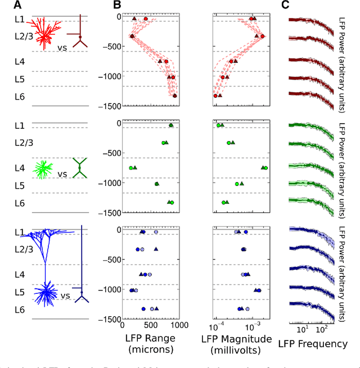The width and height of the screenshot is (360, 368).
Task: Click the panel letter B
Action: [117, 6]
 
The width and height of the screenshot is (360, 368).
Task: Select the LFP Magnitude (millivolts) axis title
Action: [238, 343]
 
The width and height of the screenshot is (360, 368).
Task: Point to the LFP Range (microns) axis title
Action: [148, 343]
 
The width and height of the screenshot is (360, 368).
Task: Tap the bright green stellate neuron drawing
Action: [43, 168]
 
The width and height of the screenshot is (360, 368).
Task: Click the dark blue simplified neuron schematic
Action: [82, 264]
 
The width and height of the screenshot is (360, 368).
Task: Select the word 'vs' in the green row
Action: [62, 174]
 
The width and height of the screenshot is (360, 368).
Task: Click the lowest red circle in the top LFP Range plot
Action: [175, 96]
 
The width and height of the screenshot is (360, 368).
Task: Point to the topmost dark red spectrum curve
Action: [311, 22]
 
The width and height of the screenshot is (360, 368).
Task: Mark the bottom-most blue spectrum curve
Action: [311, 308]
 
